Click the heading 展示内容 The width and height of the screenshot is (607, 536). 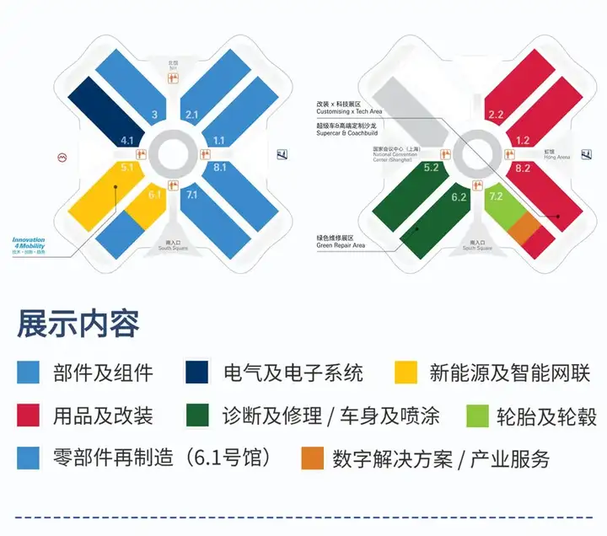[x=78, y=324]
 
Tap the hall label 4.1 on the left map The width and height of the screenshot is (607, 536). [x=128, y=140]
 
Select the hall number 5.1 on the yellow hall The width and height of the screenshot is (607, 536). [x=127, y=168]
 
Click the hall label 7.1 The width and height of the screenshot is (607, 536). [x=191, y=195]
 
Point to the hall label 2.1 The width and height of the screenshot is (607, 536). [x=192, y=114]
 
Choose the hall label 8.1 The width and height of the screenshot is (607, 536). [x=221, y=168]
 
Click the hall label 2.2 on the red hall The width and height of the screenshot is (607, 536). [x=496, y=114]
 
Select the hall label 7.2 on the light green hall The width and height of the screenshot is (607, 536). [x=496, y=196]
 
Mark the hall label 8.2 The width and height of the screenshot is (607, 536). [x=523, y=168]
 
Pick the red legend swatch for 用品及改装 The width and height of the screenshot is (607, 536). [x=29, y=415]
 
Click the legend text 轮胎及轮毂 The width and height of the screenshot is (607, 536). [x=535, y=415]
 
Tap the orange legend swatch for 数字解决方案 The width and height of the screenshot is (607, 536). [x=312, y=459]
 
